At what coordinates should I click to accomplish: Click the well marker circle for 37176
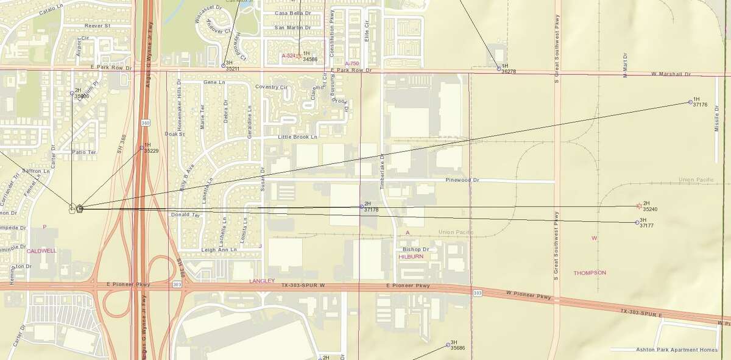pos(690,102)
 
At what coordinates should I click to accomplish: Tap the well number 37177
pos(648,225)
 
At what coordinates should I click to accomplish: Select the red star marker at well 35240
pos(638,206)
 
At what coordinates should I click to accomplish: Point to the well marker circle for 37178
pos(361,207)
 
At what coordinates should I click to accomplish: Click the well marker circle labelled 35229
pos(141,147)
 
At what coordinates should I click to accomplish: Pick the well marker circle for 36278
pos(498,68)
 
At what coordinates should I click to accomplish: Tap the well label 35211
pos(232,69)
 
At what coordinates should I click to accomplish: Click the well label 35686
pos(457,348)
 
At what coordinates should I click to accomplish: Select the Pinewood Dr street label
pos(462,180)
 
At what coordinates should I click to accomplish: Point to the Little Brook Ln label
pos(298,138)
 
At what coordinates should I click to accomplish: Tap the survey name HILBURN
pos(411,257)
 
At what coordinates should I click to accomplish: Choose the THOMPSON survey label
pos(590,273)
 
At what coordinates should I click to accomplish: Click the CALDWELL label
pos(41,250)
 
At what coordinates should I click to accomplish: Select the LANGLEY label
pos(263,281)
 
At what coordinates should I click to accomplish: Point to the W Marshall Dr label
pos(670,74)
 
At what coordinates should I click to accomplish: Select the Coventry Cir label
pos(271,86)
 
